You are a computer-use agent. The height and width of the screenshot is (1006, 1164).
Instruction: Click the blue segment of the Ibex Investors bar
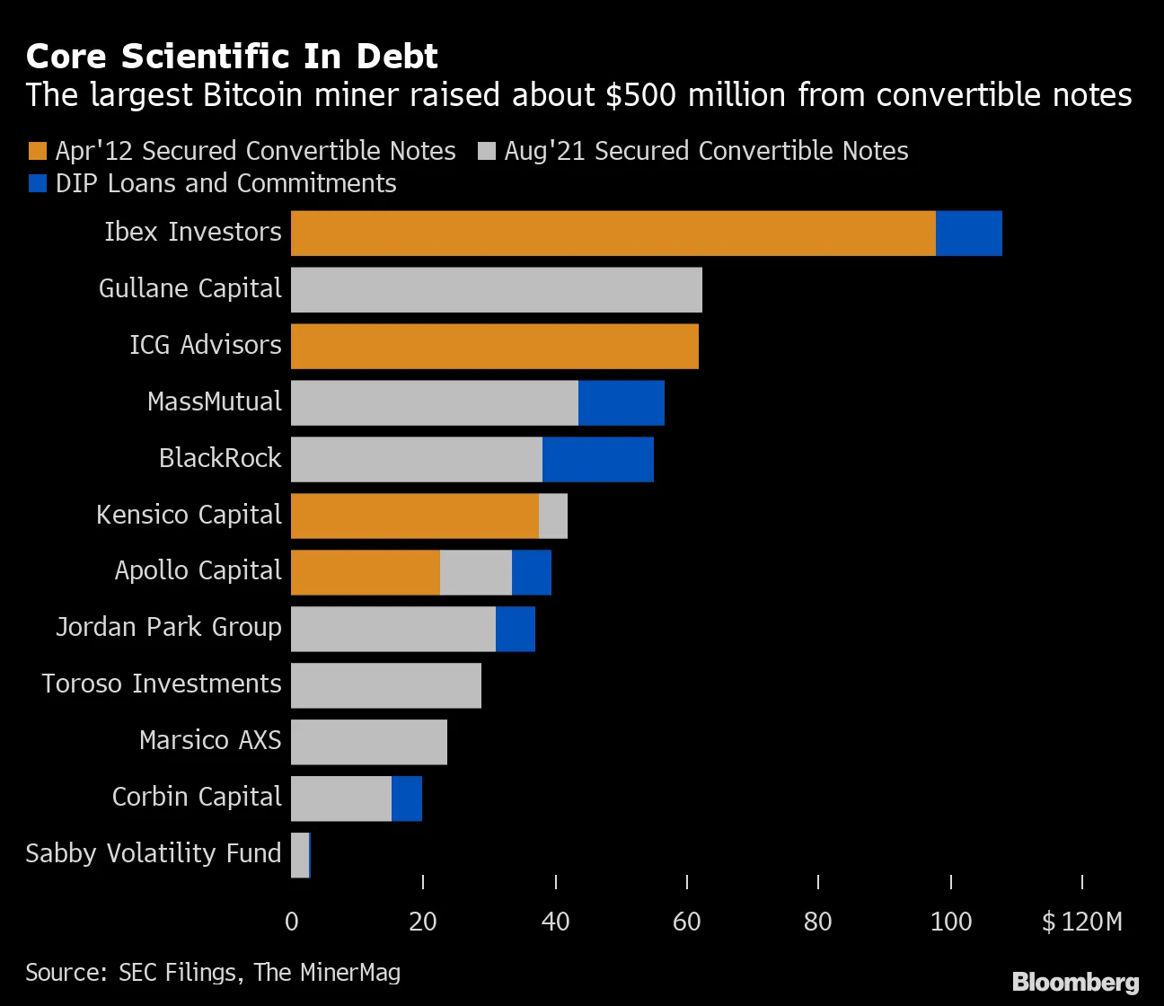968,234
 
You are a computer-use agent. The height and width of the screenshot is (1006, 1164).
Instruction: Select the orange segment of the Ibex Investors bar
613,234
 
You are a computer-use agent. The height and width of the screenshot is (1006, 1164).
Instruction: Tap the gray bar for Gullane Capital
496,290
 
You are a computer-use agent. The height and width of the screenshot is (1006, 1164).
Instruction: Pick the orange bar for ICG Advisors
494,347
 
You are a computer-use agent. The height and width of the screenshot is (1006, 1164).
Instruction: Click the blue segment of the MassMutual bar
621,402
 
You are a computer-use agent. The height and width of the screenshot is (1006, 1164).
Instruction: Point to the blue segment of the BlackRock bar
597,459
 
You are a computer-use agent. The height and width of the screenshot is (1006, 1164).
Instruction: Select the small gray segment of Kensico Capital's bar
552,516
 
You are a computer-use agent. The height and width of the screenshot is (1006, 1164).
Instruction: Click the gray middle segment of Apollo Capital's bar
475,572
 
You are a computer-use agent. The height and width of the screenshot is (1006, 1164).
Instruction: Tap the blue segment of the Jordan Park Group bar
515,629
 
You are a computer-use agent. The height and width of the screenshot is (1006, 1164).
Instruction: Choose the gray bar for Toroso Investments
386,685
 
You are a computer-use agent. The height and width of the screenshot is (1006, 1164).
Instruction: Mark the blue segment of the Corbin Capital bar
406,799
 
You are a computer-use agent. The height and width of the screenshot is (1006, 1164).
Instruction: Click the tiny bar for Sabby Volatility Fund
300,855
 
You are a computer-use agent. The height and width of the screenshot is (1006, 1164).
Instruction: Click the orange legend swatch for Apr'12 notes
38,151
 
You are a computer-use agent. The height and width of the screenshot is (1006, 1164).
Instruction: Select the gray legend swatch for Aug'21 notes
487,151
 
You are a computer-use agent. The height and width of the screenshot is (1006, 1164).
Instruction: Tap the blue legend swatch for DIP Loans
38,183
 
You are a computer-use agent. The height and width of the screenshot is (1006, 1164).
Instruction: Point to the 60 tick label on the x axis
686,922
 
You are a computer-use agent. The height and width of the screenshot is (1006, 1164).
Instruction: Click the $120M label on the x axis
1081,922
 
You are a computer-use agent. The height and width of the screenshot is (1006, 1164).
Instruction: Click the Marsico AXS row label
210,740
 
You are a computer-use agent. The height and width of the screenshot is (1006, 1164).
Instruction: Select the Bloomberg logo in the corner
1075,982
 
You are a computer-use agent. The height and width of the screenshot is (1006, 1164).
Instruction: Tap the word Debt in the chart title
396,57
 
